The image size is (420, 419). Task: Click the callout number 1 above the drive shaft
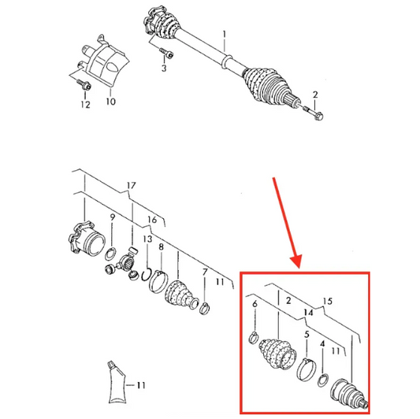[x=225, y=35]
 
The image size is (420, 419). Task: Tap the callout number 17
[x=132, y=185]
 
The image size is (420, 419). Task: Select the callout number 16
[x=152, y=220]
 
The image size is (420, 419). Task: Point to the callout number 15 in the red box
[x=328, y=301]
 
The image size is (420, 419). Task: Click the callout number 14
[x=308, y=312]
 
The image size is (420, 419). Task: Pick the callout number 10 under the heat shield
[x=110, y=102]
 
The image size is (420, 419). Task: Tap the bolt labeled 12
[x=84, y=84]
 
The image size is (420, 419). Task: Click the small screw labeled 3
[x=166, y=53]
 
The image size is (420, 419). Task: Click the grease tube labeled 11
[x=117, y=383]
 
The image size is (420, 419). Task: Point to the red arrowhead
[x=296, y=261]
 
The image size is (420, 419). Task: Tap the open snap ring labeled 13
[x=146, y=276]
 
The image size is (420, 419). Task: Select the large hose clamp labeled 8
[x=158, y=282]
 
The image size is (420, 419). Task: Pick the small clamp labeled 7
[x=205, y=308]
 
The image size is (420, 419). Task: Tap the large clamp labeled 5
[x=307, y=369]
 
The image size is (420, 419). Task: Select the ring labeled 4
[x=323, y=380]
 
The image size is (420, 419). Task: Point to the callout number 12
[x=85, y=105]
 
